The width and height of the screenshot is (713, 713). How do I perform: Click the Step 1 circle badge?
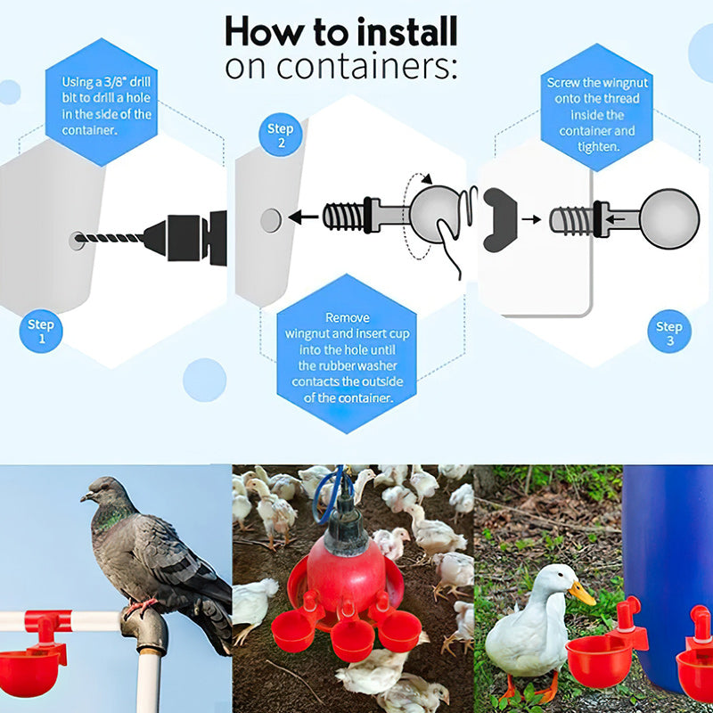(x=41, y=331)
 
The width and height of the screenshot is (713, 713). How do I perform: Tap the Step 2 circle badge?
(x=281, y=135)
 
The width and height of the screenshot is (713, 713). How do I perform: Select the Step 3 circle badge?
(x=669, y=332)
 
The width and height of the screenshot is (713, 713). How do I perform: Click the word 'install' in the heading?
(x=407, y=32)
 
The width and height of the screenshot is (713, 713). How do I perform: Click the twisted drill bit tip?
(x=78, y=238)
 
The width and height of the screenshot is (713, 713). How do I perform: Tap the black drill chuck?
(x=184, y=238)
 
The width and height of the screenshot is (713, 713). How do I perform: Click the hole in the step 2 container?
(x=271, y=220)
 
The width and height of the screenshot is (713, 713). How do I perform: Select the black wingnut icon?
(x=499, y=219)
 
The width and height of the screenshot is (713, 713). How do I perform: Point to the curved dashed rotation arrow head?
(x=427, y=179)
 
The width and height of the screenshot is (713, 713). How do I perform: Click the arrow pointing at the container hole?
(x=303, y=217)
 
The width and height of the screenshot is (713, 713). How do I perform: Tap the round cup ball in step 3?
(x=669, y=218)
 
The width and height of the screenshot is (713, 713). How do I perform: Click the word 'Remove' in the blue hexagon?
(x=348, y=317)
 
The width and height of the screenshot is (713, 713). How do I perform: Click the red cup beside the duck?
(x=599, y=660)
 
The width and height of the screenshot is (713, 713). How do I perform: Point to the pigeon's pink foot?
(x=140, y=607)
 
